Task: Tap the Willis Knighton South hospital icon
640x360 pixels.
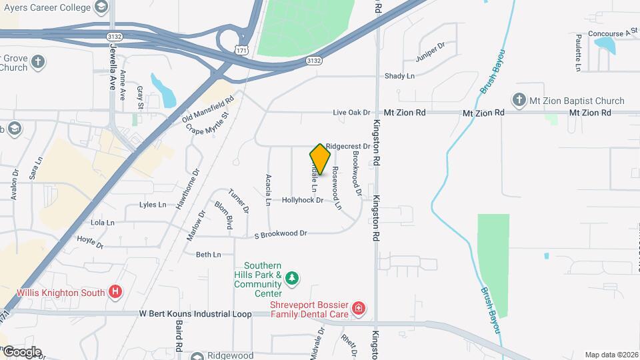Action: coord(116,292)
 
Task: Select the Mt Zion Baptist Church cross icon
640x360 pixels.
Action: coord(519,101)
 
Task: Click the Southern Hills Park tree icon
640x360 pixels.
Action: coord(291,277)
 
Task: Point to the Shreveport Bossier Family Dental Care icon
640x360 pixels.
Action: coord(359,308)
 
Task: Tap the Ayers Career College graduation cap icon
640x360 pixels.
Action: coord(101,8)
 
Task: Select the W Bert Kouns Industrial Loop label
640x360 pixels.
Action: coord(195,314)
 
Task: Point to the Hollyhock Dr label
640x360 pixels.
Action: coord(302,200)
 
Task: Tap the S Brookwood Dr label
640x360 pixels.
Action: coord(281,234)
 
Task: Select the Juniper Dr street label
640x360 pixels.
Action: coord(429,55)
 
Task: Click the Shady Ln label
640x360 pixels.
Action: coord(399,76)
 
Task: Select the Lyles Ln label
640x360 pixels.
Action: coord(153,205)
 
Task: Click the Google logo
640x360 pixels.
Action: coord(21,352)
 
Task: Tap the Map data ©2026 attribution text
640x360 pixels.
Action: coord(611,355)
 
